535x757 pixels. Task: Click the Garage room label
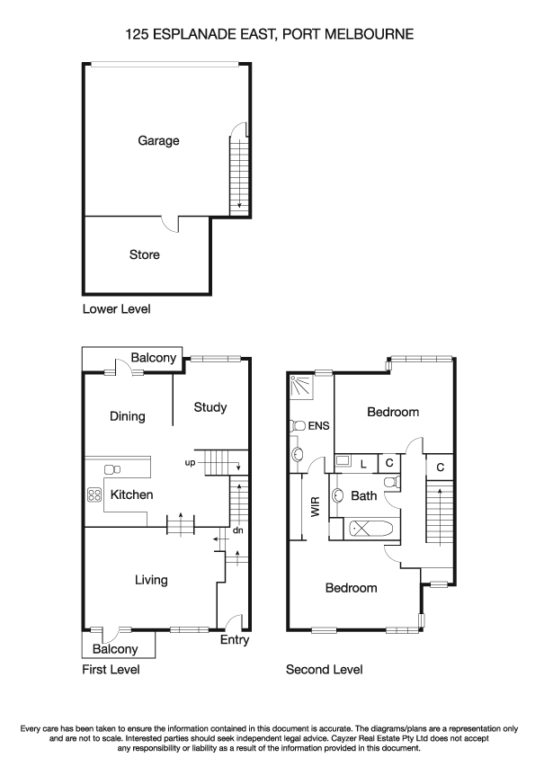(158, 140)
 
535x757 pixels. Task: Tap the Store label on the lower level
(145, 254)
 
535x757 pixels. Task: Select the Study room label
(210, 407)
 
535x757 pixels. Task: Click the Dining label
(127, 416)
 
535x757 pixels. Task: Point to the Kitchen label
(131, 494)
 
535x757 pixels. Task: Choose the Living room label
(151, 580)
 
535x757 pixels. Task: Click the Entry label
(235, 640)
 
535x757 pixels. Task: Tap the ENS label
(318, 425)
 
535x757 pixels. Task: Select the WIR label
(315, 509)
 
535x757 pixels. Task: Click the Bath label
(363, 495)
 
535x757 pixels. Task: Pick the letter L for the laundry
(363, 463)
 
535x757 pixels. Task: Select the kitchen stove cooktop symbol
(94, 494)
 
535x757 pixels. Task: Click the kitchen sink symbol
(113, 468)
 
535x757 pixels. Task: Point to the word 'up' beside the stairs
(190, 462)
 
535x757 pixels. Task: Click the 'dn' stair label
(237, 530)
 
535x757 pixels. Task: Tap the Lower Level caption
(116, 309)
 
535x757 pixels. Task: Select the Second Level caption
(324, 670)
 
